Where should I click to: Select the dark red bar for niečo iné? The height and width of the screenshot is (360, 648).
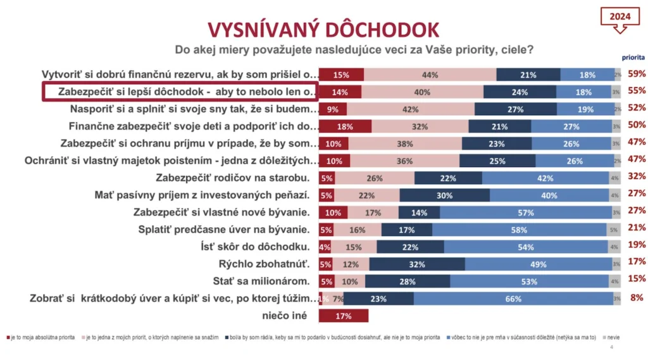343,315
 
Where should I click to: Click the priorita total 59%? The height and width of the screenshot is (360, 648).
636,74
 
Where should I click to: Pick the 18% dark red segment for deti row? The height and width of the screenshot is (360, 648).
345,126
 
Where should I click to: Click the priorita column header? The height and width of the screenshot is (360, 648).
629,56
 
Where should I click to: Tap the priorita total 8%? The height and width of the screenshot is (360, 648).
637,298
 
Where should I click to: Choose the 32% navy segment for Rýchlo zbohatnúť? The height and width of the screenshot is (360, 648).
417,263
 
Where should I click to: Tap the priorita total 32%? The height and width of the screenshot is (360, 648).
636,177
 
